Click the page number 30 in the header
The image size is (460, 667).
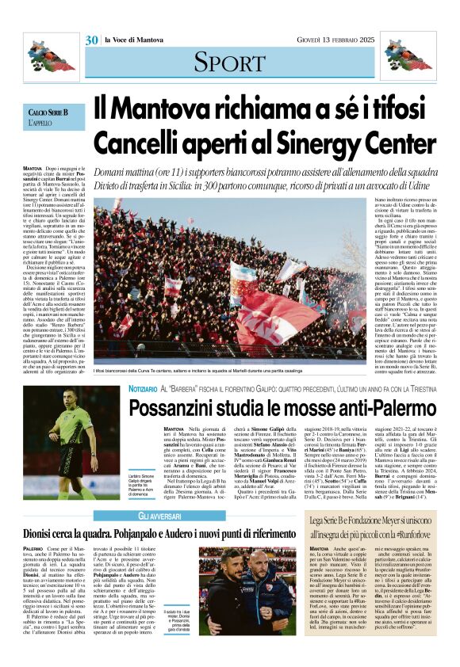tap(92, 40)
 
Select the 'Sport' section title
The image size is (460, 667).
tap(230, 61)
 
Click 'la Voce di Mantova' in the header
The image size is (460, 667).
tap(132, 40)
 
